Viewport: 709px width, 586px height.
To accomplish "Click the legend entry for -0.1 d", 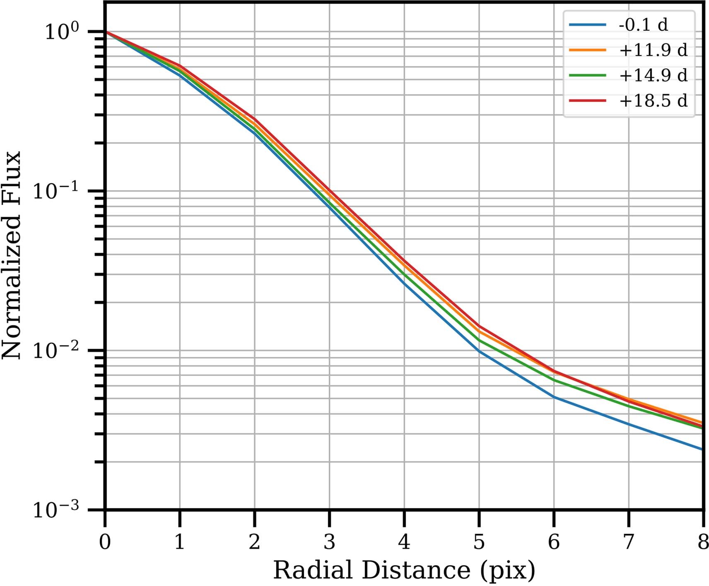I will [x=643, y=25].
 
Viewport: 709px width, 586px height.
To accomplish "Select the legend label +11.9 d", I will [x=653, y=50].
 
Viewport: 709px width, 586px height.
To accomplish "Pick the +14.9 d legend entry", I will [x=653, y=75].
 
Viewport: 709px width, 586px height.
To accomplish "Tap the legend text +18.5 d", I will [x=653, y=101].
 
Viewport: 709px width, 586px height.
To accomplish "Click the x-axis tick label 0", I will [x=105, y=541].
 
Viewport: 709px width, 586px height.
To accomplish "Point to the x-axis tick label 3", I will [x=329, y=541].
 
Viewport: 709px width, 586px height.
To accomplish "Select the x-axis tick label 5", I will [x=479, y=541].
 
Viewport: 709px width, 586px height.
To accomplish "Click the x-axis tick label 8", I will [x=703, y=541].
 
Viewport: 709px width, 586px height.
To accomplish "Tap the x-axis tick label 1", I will [x=179, y=541].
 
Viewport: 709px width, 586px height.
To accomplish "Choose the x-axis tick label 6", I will [x=554, y=541].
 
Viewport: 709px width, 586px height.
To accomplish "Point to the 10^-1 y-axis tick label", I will [x=55, y=191].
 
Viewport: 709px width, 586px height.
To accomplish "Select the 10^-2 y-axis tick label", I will [x=55, y=351].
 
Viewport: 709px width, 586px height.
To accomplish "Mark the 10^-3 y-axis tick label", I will [x=55, y=510].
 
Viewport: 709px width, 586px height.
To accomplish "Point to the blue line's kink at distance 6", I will [x=554, y=397].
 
